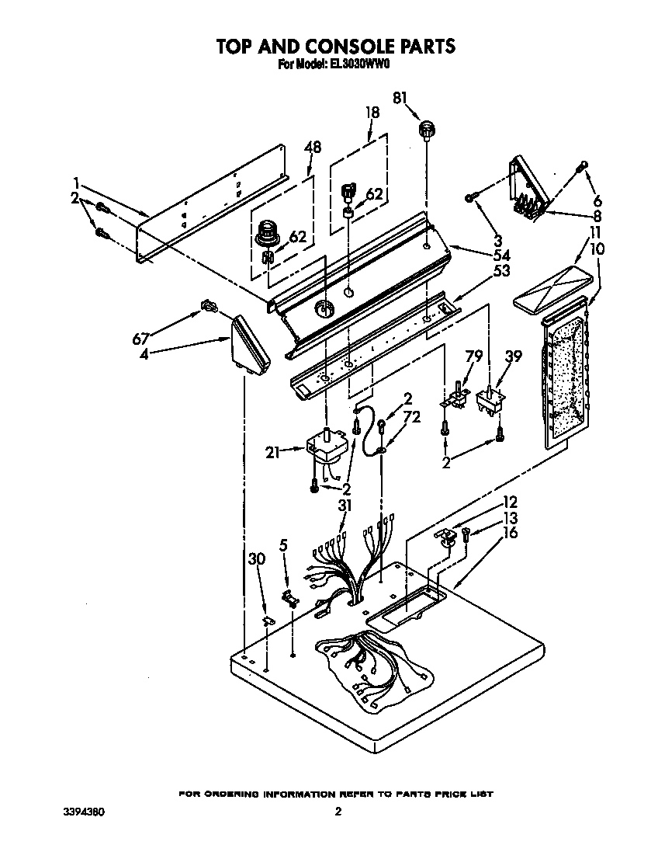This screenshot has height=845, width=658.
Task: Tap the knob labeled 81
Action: pos(426,129)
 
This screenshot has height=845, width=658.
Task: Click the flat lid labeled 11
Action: pos(556,294)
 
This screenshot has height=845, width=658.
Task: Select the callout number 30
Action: pos(255,558)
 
